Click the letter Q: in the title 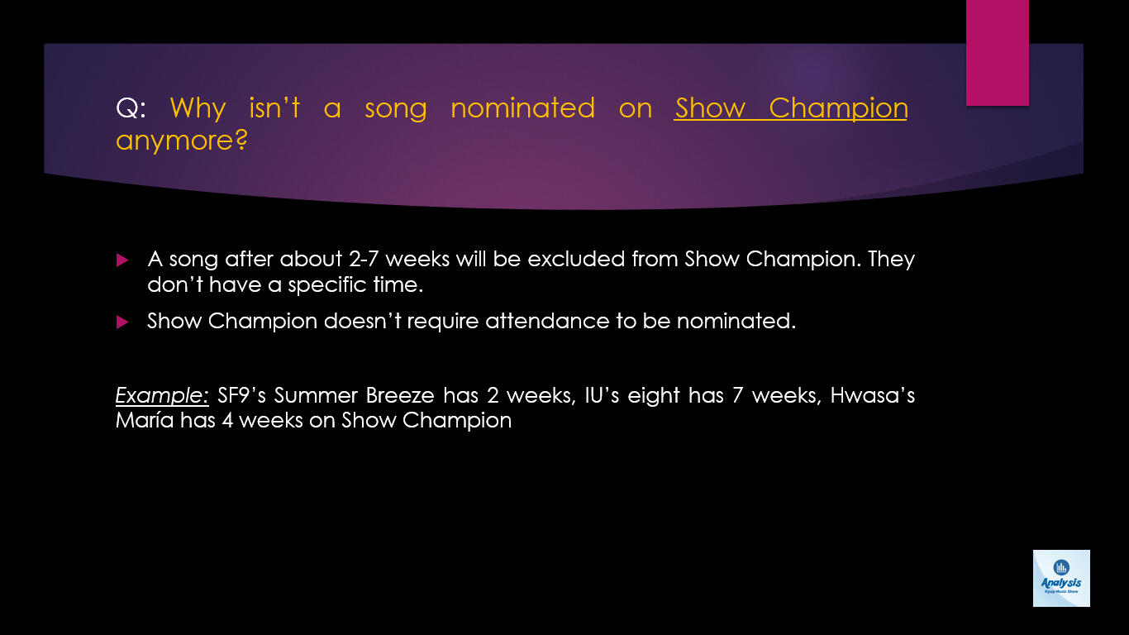[131, 108]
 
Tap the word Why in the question [198, 109]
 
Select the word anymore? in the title [182, 141]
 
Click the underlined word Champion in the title [838, 109]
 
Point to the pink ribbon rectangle [997, 52]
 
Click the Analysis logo [1061, 578]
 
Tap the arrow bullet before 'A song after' [122, 260]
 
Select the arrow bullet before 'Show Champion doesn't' [122, 322]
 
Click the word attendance [547, 322]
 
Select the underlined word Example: [162, 396]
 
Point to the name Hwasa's [873, 395]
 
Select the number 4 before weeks [227, 421]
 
